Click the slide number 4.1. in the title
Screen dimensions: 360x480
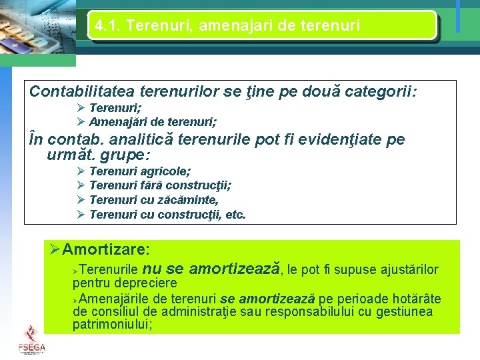(107, 26)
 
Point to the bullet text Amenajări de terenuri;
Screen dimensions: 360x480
(152, 122)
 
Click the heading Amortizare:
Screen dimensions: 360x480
(105, 249)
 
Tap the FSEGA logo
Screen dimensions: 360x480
(31, 338)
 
